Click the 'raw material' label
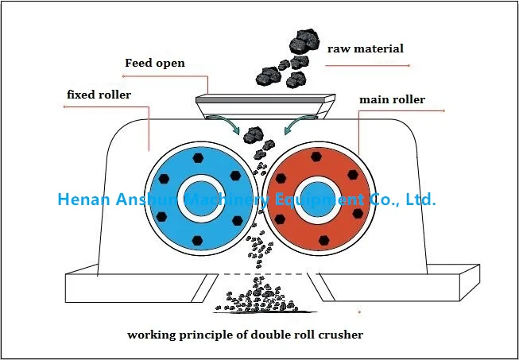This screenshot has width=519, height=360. pos(366,49)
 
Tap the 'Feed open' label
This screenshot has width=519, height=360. pos(155,63)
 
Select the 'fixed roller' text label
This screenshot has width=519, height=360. pos(99,95)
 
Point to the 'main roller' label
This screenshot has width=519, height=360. pos(392,99)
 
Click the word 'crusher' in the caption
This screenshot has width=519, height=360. pos(341,335)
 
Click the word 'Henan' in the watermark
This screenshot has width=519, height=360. pos(84,199)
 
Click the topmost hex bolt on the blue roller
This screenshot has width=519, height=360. pos(198,158)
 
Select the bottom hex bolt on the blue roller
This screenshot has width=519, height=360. pos(197,240)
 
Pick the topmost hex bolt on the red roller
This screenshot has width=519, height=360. pos(316,157)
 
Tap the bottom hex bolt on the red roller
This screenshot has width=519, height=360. pos(324,240)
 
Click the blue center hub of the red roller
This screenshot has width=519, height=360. pos(318,199)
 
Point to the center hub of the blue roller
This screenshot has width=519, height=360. pos(201,199)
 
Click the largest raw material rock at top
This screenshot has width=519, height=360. pos(304,41)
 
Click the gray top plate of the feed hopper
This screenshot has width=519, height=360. pos(265,99)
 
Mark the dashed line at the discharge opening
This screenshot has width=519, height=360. pos(268,274)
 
